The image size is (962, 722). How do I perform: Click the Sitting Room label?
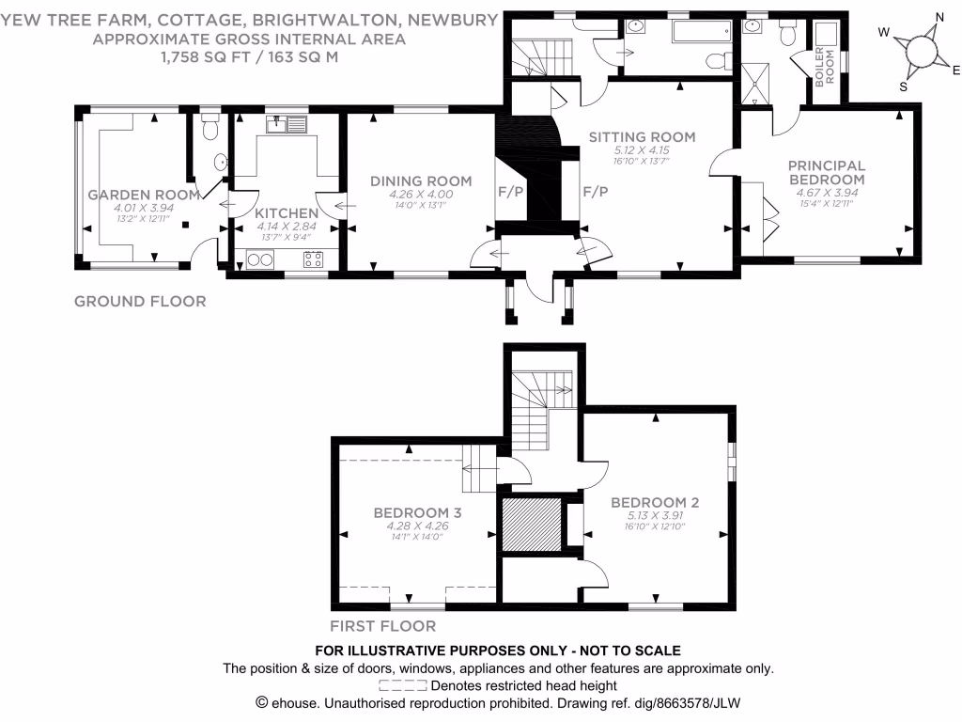[642, 136]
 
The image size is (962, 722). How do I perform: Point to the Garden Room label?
[144, 195]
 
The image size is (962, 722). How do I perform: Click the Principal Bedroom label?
[826, 172]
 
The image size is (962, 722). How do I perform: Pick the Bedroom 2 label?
[654, 502]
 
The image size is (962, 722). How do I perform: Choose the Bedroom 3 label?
[417, 512]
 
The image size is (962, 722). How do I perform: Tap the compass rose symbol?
[918, 49]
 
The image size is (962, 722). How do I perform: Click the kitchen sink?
[287, 123]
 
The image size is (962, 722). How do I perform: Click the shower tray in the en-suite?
[755, 83]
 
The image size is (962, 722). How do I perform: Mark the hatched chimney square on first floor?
[530, 525]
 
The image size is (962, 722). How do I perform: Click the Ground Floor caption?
[140, 302]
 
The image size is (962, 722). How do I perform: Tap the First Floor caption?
[382, 626]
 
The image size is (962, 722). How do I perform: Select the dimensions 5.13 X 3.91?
[654, 515]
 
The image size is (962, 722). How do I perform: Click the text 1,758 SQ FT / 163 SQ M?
[249, 56]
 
